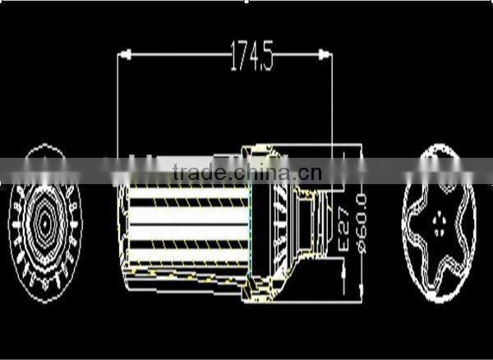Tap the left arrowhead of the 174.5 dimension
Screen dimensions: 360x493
pos(123,56)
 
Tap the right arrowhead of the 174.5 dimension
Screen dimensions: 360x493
pos(326,56)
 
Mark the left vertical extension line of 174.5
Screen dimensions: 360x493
pos(117,107)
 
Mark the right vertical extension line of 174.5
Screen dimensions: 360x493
pos(332,107)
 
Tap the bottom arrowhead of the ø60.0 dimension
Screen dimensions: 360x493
pos(362,290)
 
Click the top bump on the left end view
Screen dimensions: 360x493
pos(44,149)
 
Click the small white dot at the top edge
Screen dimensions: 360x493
pos(246,2)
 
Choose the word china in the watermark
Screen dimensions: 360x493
pos(256,173)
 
